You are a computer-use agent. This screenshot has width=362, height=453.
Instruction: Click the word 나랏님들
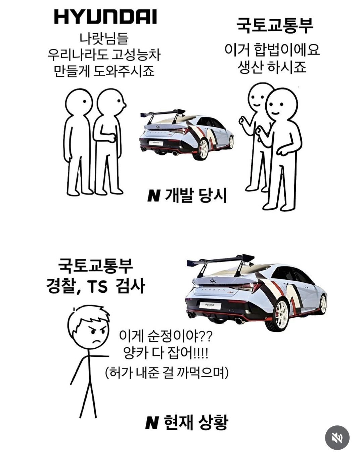coord(104,39)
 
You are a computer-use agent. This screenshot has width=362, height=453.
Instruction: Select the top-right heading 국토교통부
coord(275,25)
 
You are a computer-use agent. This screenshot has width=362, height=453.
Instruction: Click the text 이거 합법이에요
coord(272,50)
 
